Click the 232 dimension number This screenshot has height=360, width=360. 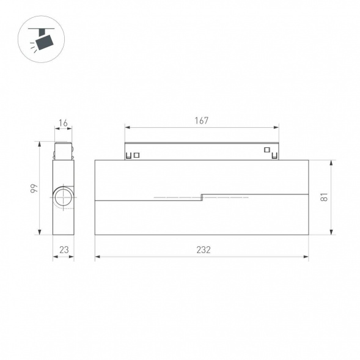203,249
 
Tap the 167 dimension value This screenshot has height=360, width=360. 202,120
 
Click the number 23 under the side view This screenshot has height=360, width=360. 63,249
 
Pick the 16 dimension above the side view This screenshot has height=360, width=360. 63,123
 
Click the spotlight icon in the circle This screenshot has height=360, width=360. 43,40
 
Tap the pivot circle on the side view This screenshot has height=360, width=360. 62,197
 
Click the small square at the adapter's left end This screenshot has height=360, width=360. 136,155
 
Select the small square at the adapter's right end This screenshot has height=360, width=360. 266,150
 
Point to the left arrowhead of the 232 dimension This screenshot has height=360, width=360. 97,257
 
